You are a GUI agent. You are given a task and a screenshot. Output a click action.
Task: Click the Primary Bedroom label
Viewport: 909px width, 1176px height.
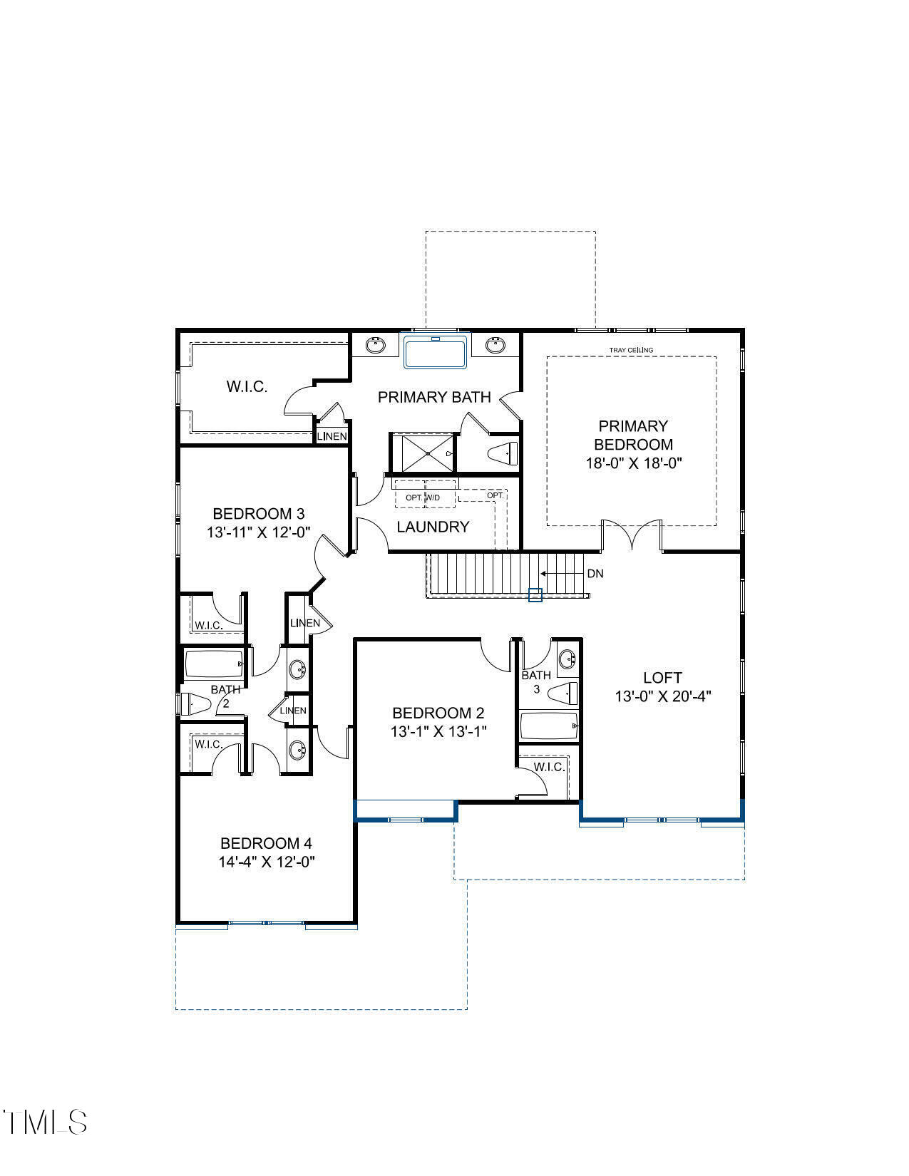(x=633, y=435)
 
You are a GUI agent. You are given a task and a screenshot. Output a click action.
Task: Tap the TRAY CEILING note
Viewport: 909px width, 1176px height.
(x=631, y=350)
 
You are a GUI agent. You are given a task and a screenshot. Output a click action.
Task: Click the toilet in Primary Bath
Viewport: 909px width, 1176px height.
(x=504, y=453)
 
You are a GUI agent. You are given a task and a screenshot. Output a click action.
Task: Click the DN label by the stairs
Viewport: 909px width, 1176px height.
(x=595, y=574)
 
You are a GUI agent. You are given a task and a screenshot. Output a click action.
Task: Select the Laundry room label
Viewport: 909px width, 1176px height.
(x=433, y=527)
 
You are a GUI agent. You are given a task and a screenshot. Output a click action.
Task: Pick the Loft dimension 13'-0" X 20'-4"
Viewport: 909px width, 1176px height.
(x=663, y=696)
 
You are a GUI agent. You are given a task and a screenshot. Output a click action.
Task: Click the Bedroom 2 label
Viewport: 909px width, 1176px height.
(x=438, y=713)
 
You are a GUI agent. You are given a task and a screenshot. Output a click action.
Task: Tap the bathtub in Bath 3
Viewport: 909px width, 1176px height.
(x=548, y=727)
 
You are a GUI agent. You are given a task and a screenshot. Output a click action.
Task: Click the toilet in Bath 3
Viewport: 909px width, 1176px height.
(x=564, y=692)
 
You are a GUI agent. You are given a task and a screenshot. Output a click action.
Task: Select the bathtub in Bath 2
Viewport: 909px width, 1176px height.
(x=214, y=665)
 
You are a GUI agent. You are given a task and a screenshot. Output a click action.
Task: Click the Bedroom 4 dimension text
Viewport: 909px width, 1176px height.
(x=267, y=862)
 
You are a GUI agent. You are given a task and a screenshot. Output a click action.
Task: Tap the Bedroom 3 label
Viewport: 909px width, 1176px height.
(x=259, y=513)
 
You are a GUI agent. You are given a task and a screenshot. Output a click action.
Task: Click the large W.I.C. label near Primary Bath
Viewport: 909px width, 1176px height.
(x=247, y=387)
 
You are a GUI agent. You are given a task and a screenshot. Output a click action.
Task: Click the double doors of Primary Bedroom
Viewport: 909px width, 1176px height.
(x=632, y=535)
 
